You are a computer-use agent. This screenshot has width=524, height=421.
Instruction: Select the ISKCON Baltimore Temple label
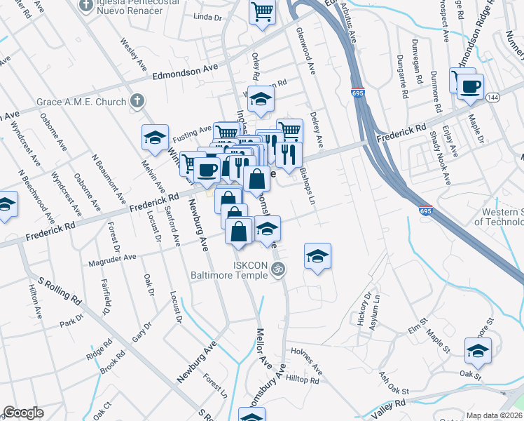point(229,270)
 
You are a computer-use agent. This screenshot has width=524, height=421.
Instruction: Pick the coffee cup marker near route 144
point(470,87)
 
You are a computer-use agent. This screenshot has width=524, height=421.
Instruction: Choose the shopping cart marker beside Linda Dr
point(262,11)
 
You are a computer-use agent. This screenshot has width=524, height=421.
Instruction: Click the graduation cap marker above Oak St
point(478,352)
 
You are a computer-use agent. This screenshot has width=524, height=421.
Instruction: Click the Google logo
point(23,413)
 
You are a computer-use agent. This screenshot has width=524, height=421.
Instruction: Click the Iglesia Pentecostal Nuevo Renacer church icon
point(87,6)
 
